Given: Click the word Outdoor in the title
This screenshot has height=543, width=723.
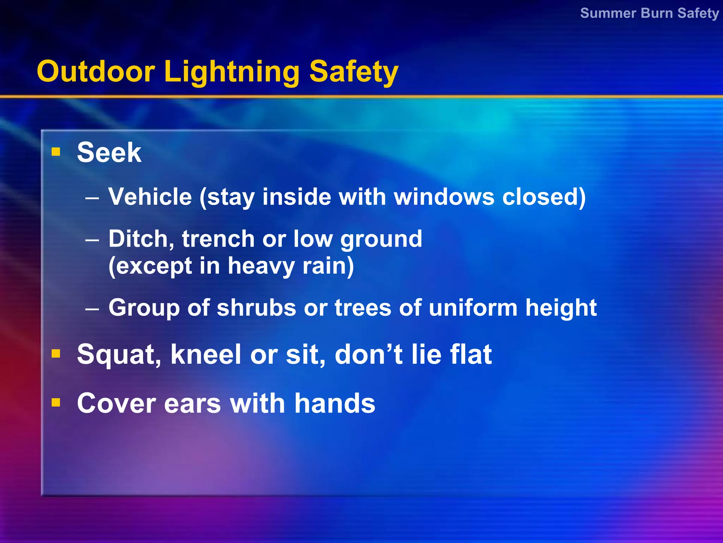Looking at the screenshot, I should pyautogui.click(x=96, y=72).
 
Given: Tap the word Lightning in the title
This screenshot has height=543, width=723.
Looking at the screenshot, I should pyautogui.click(x=232, y=72).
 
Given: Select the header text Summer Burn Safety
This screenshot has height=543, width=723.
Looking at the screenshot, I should pyautogui.click(x=649, y=13).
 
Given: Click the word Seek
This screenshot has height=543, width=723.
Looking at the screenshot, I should pyautogui.click(x=109, y=153).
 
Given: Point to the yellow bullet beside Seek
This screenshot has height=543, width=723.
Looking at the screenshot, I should pyautogui.click(x=56, y=152).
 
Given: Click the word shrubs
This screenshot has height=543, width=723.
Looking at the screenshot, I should pyautogui.click(x=256, y=308).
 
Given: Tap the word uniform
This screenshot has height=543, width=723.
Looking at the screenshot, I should pyautogui.click(x=473, y=308).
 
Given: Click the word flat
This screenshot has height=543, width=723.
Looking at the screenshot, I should pyautogui.click(x=471, y=355).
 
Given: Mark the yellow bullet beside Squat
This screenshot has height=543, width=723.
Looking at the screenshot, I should pyautogui.click(x=56, y=354).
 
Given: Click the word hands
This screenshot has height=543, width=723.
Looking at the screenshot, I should pyautogui.click(x=335, y=404).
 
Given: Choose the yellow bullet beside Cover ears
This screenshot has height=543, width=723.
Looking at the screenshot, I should pyautogui.click(x=56, y=402).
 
